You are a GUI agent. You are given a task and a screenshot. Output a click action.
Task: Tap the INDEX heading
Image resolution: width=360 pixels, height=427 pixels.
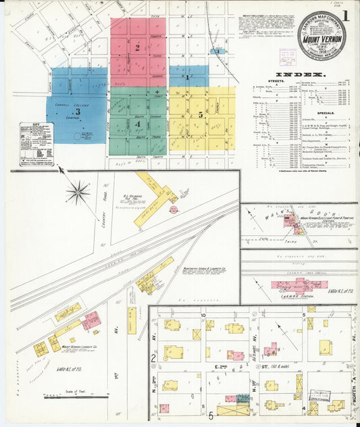(301, 73)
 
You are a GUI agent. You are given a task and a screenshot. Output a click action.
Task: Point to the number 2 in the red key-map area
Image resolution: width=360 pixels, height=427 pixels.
(137, 47)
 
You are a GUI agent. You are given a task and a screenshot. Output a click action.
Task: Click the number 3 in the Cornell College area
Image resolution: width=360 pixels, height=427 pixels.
(77, 113)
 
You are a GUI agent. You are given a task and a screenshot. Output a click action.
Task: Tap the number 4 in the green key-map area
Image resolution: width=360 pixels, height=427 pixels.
(138, 124)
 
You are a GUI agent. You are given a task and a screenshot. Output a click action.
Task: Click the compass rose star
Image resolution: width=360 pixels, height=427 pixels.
(78, 193)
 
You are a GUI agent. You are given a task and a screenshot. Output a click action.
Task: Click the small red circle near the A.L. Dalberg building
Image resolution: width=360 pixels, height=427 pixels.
(174, 209)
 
